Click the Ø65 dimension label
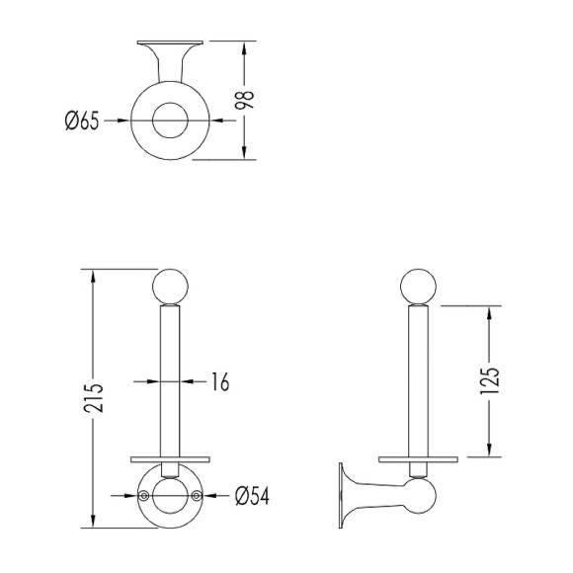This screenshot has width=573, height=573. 82,121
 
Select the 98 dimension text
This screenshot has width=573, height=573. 244,100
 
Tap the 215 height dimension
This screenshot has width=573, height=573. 94,398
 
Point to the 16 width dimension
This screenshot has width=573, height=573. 220,382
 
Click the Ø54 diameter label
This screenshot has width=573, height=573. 252,496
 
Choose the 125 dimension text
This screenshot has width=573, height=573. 489,380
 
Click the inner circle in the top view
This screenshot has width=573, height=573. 170,121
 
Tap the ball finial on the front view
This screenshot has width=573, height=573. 170,286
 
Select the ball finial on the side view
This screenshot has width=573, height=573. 419,286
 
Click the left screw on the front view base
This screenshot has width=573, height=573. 143,495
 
